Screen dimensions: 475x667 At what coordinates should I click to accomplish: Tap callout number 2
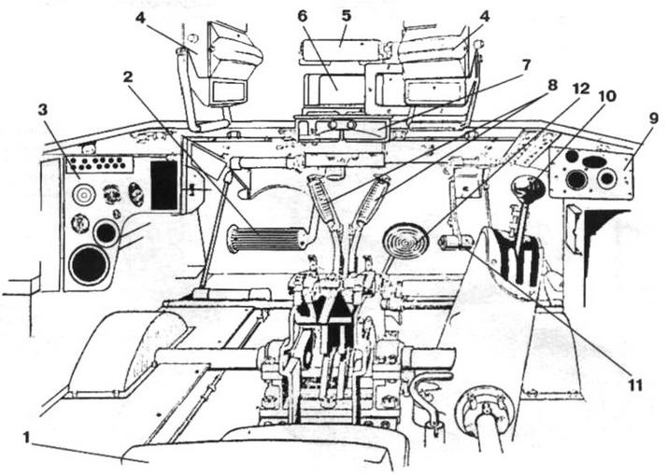pos(129,76)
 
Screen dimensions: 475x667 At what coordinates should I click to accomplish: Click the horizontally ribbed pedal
pos(267,239)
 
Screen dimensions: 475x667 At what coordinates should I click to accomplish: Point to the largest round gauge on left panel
pos(89,264)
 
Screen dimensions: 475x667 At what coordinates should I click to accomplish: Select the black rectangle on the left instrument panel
pos(164,185)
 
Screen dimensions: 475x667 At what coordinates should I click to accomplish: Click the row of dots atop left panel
pos(105,163)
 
